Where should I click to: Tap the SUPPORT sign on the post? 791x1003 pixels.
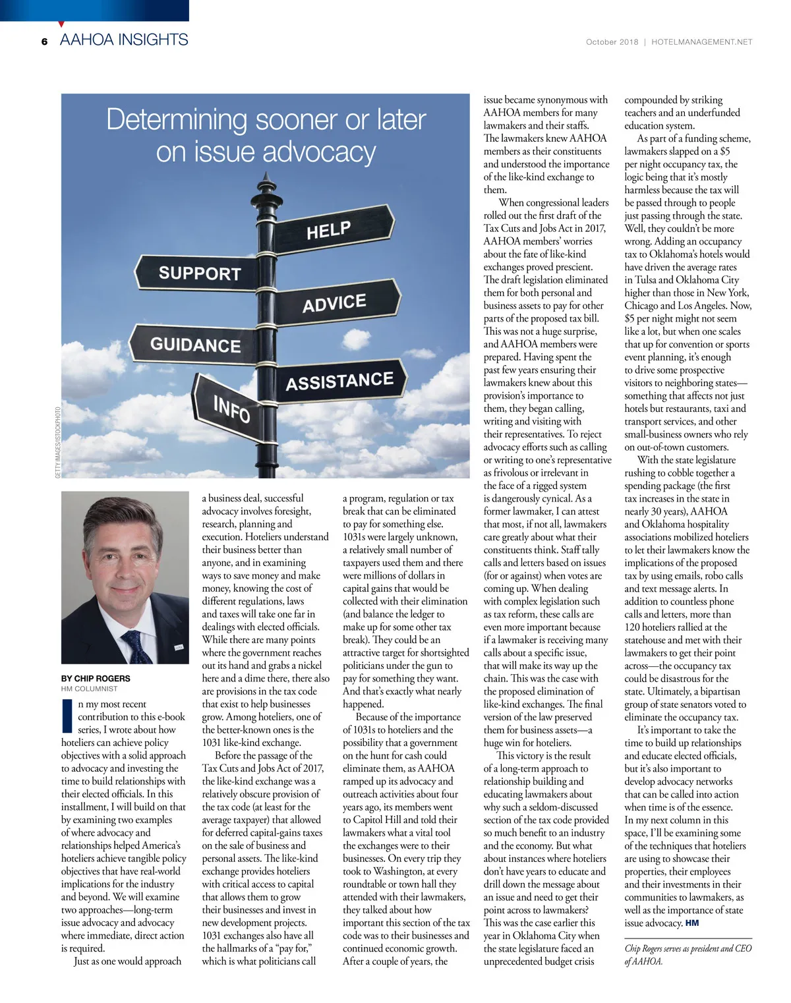point(198,273)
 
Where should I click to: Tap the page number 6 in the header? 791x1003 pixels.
point(44,42)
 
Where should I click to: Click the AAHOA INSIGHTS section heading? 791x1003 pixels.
point(124,40)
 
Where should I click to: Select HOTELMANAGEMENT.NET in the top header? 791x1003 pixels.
point(701,42)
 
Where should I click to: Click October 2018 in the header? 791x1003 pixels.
point(612,42)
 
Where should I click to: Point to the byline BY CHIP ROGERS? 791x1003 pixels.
point(96,678)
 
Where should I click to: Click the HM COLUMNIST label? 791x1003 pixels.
point(89,689)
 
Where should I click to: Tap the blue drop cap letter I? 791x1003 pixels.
point(67,716)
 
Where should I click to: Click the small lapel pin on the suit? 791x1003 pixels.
point(178,648)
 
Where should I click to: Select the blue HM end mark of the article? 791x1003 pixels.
point(692,923)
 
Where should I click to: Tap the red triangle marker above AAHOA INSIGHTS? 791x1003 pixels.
point(61,24)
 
